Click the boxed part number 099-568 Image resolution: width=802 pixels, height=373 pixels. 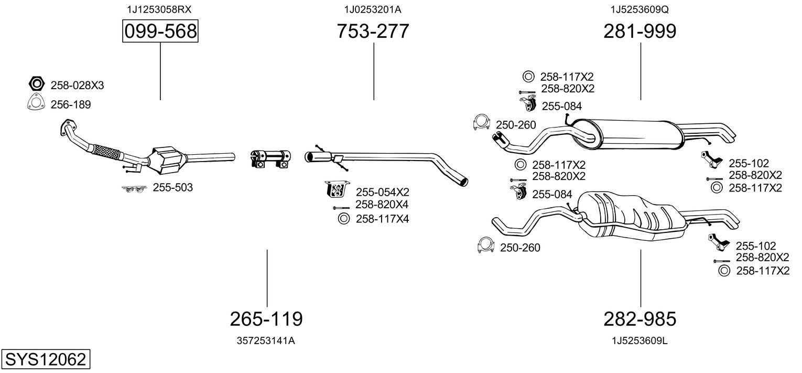tap(160, 31)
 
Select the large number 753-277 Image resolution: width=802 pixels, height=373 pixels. tap(373, 31)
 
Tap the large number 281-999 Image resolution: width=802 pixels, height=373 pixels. tap(640, 31)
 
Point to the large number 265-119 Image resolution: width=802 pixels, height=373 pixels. tap(266, 318)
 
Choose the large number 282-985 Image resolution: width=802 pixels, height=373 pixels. tap(640, 318)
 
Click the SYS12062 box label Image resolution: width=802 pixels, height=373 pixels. tap(45, 360)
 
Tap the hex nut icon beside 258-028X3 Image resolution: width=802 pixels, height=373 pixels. tap(36, 84)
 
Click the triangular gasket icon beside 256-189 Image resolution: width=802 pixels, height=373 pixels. tap(35, 104)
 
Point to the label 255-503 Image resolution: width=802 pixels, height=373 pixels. tap(172, 187)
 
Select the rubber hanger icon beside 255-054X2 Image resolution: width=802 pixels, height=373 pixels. tap(335, 190)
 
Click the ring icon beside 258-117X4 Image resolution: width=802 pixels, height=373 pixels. tap(343, 219)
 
